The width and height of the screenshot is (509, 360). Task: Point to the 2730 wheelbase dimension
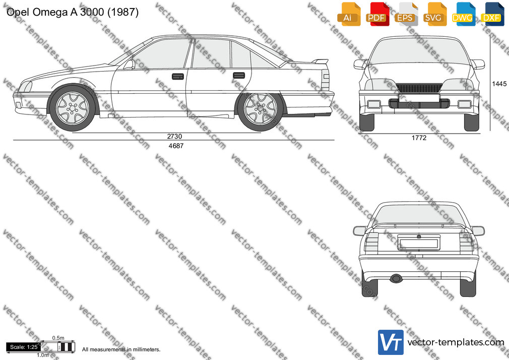175,137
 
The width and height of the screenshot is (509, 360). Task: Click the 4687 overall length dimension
176,146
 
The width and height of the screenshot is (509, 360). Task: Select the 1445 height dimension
499,84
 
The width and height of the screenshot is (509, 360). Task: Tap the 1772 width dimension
419,138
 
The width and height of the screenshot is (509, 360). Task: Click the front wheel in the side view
73,108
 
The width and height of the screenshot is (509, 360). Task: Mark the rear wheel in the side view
261,108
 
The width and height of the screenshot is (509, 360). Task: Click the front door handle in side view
178,77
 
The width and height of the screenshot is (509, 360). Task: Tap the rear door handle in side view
239,76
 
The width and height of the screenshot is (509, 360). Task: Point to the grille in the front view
419,88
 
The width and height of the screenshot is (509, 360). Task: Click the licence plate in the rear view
419,243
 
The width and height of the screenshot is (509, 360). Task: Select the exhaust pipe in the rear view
396,278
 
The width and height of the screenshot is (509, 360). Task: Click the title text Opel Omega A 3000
55,12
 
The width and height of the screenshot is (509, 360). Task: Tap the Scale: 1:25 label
23,347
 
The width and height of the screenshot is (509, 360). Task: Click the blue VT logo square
391,342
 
